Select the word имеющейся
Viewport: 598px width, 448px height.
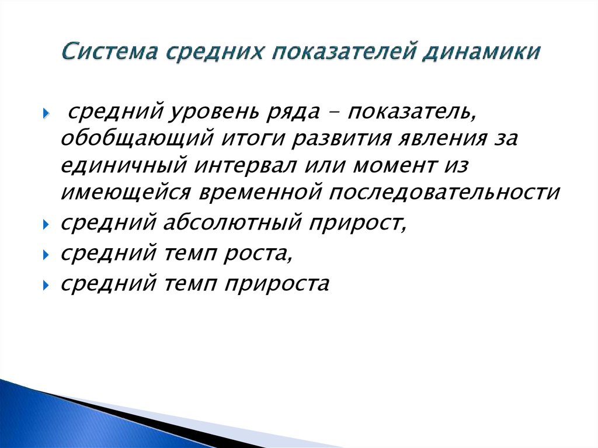pos(128,192)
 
